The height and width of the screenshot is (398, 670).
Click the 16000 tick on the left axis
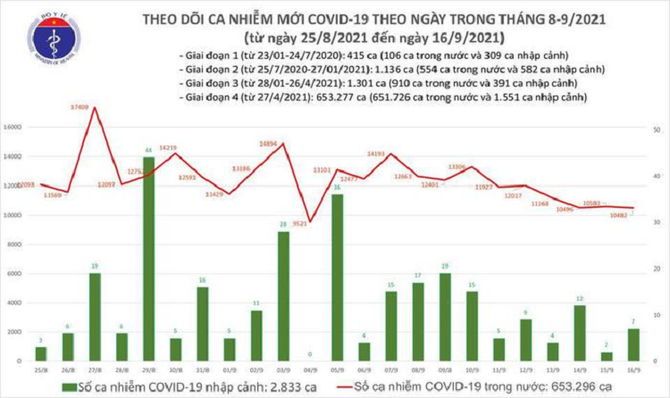12,129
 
